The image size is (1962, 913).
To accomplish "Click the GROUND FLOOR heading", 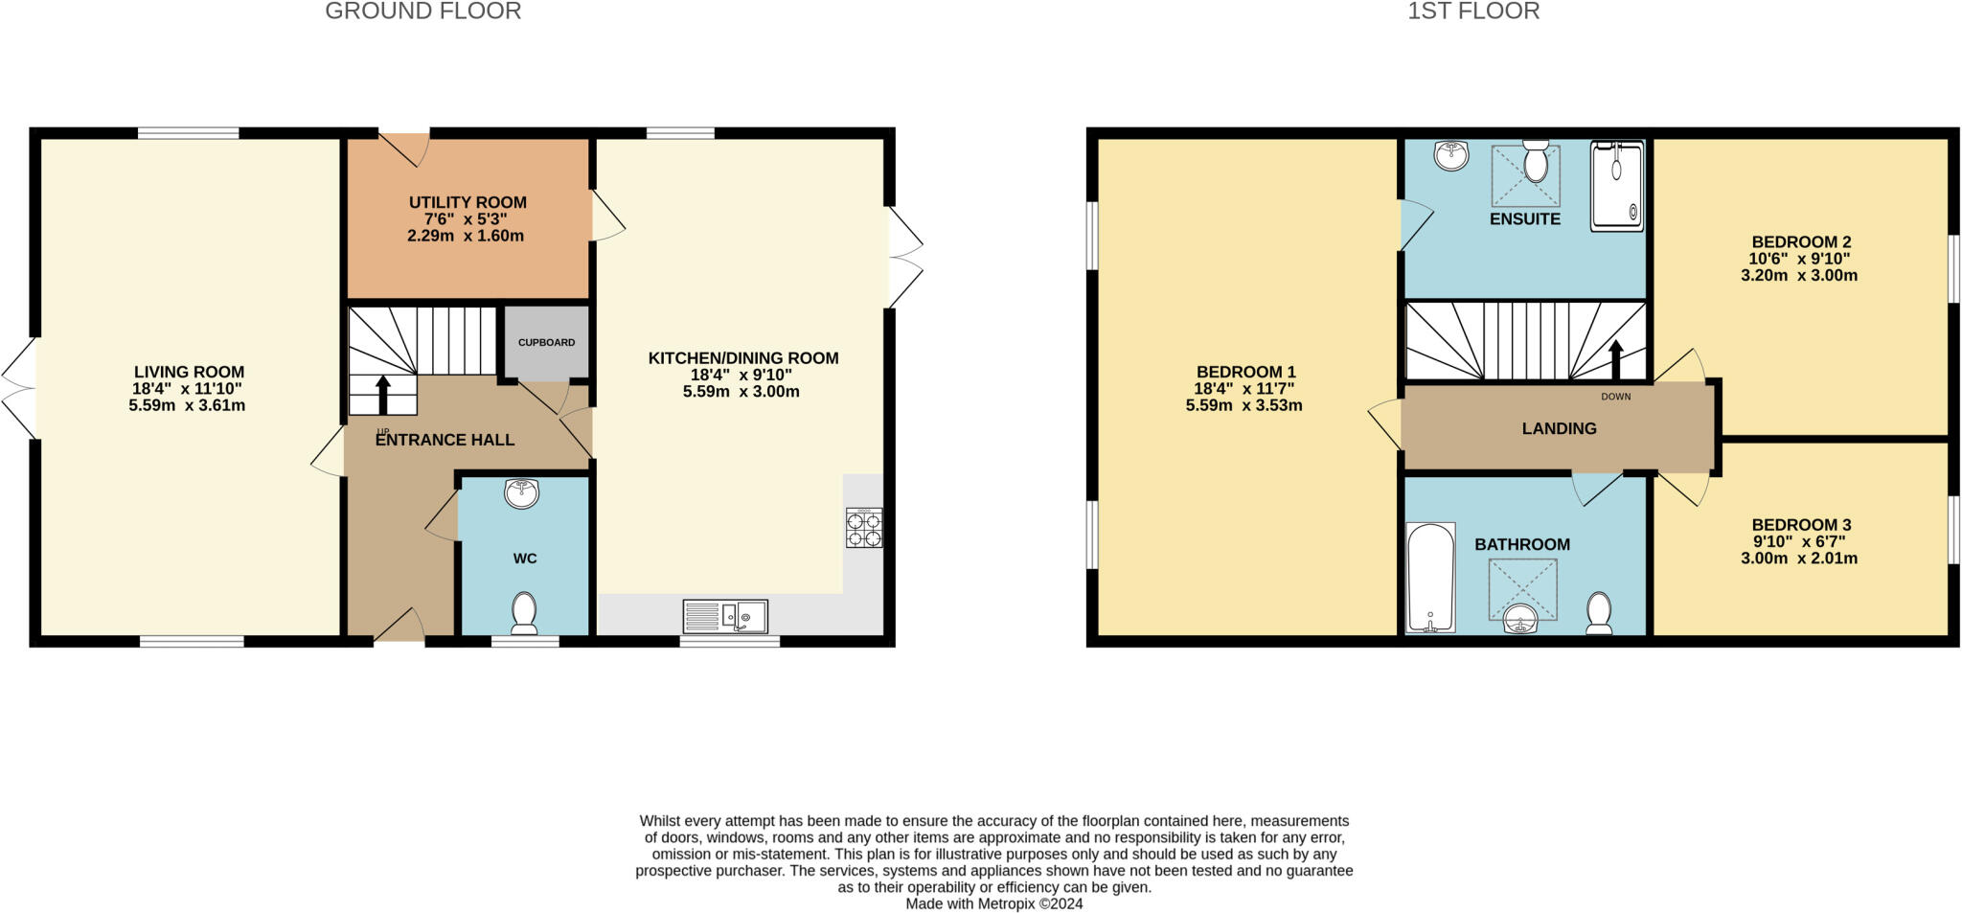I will [x=422, y=11].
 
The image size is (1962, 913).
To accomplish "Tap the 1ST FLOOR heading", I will [x=1473, y=11].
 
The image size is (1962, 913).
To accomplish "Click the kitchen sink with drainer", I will [x=725, y=616].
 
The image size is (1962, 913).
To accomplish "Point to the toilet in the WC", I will [x=524, y=613].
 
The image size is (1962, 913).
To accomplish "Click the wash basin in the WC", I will [x=522, y=493].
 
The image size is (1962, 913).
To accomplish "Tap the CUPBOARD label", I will [x=546, y=342].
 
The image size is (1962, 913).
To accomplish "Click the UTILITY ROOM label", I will [x=468, y=202].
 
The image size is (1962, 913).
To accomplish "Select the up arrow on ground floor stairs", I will [x=382, y=394].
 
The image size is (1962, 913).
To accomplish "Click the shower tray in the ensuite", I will [x=1616, y=186].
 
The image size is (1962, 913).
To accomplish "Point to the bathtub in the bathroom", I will [x=1429, y=577].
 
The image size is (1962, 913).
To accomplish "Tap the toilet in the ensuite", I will [x=1536, y=161].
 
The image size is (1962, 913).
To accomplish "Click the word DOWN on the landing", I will [x=1615, y=396].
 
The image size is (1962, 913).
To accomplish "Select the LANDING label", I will [x=1559, y=428].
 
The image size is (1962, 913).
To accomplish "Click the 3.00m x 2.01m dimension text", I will [x=1798, y=559].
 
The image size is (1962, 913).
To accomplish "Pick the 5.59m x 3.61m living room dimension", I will [x=187, y=405].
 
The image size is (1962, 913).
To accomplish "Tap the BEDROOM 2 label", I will [x=1800, y=241].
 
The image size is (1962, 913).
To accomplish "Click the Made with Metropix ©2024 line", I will [x=993, y=903].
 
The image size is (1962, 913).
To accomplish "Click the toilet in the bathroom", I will [x=1598, y=613].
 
